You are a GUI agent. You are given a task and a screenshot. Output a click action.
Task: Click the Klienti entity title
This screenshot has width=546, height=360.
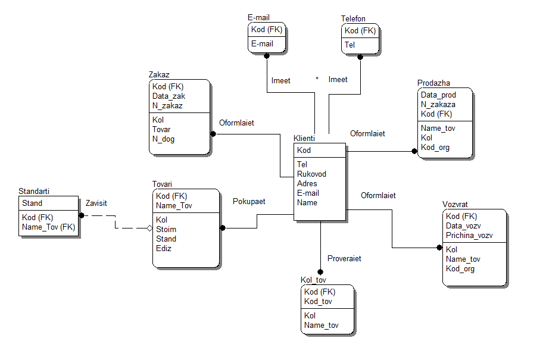(x=304, y=138)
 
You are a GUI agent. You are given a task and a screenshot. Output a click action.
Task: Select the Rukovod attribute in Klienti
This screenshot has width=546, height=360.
(x=311, y=174)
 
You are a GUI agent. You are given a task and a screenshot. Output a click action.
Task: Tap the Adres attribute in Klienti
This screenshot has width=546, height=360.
(x=307, y=184)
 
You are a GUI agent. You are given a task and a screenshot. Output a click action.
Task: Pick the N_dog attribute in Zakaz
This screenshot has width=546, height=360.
(x=164, y=139)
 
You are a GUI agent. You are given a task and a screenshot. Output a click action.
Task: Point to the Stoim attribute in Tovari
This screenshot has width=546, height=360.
(x=166, y=229)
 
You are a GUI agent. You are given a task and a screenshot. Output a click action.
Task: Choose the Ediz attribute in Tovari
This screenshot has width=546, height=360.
(x=164, y=248)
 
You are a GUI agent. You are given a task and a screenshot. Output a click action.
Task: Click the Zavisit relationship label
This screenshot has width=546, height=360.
(x=96, y=204)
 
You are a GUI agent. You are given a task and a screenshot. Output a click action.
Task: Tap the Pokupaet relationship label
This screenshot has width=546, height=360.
(x=249, y=202)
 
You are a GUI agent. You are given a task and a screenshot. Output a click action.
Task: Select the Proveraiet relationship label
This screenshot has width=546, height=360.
(x=344, y=259)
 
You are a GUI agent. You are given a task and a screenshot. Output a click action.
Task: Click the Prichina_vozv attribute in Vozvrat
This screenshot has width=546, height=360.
(x=469, y=235)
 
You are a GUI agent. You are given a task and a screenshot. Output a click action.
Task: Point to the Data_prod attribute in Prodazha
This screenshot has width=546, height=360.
(x=438, y=95)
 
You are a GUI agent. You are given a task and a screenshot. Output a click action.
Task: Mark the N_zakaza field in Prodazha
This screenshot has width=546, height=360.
(x=438, y=105)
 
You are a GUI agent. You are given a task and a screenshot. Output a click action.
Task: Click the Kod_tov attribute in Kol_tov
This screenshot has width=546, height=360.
(x=318, y=301)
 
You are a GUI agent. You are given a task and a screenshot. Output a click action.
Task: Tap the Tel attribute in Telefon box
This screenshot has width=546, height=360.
(x=350, y=45)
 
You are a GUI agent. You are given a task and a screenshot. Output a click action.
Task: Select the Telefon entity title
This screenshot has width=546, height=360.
(x=353, y=19)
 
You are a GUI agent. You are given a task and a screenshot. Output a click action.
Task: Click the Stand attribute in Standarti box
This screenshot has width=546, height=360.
(x=32, y=204)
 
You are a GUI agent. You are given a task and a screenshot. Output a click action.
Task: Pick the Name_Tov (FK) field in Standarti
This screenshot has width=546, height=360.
(x=48, y=227)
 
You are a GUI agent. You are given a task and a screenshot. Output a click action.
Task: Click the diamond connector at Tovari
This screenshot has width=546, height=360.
(x=151, y=228)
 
